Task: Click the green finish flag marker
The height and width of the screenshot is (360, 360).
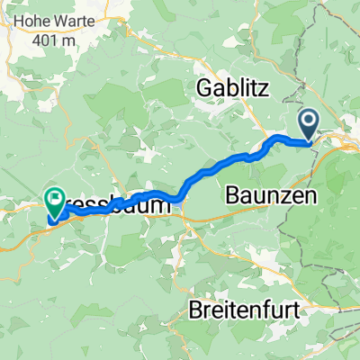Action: click(x=55, y=203)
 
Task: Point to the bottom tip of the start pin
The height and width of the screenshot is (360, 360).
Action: click(x=308, y=141)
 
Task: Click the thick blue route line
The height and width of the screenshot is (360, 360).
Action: click(x=207, y=171)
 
